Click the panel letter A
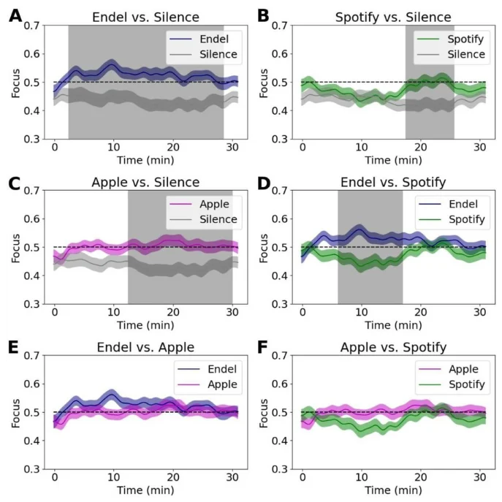coord(14,16)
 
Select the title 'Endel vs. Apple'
coord(143,347)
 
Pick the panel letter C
coord(14,181)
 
